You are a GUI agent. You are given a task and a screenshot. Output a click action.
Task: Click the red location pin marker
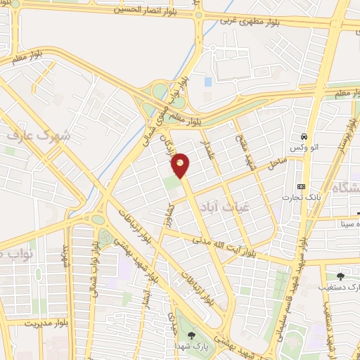pyautogui.click(x=181, y=165)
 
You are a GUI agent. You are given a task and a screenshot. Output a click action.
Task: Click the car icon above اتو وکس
pyautogui.click(x=304, y=136)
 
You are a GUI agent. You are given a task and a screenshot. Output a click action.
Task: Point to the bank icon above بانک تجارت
pyautogui.click(x=301, y=186)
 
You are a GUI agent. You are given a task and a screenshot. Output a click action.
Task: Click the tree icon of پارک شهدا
pyautogui.click(x=192, y=335)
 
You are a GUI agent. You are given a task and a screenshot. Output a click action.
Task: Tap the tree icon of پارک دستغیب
pyautogui.click(x=341, y=276)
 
